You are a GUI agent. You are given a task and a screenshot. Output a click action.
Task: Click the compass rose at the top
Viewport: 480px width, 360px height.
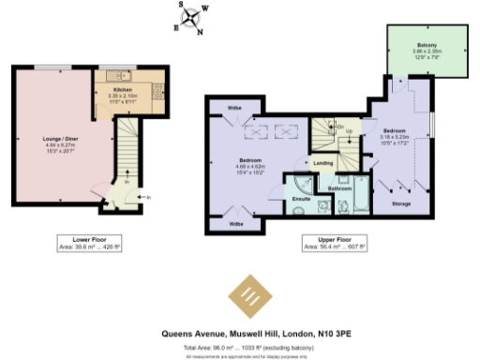(x=192, y=16)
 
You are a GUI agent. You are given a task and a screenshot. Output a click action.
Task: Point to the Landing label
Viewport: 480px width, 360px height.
(x=323, y=163)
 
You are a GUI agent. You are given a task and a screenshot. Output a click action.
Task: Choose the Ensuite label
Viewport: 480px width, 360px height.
(x=302, y=200)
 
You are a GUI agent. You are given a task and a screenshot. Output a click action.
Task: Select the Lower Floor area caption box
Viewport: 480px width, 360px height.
(x=79, y=242)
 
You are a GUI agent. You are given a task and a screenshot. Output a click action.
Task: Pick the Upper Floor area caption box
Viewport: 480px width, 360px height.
(x=322, y=243)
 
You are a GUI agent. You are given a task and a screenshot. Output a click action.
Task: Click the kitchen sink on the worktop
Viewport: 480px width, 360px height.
(x=112, y=77)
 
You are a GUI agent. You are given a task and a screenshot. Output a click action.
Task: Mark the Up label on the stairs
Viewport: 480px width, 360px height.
(x=350, y=130)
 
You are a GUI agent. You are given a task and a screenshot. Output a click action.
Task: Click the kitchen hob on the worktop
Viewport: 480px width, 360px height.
(x=137, y=94)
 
